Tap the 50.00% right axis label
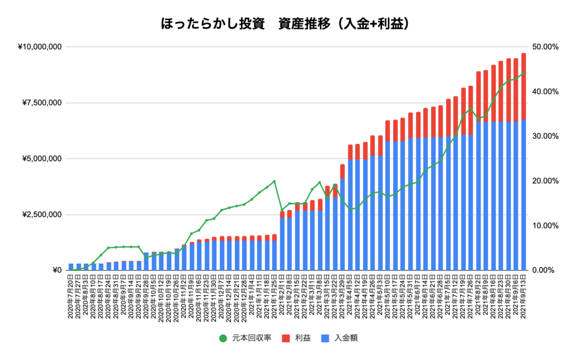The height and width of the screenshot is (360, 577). [546, 47]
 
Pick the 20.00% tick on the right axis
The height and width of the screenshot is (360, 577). [546, 181]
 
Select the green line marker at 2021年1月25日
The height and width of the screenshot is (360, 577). [274, 181]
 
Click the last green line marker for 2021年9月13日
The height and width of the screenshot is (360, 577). [523, 73]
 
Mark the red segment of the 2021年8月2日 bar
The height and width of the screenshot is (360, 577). [478, 96]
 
